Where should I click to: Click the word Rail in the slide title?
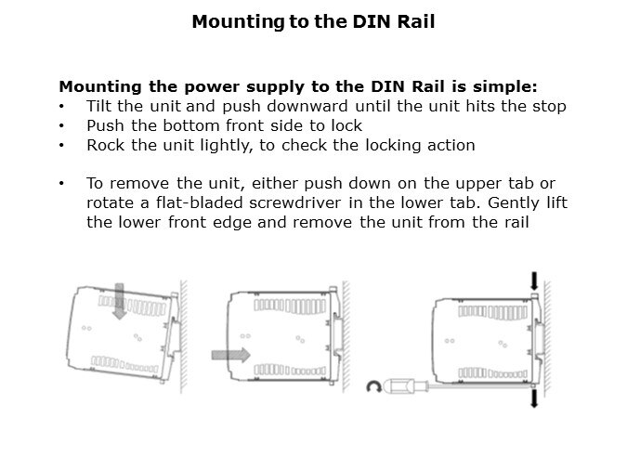[415, 20]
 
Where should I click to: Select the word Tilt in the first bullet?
[99, 106]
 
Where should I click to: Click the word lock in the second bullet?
[347, 125]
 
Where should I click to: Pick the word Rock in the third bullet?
[103, 145]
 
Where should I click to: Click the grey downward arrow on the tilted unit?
[119, 301]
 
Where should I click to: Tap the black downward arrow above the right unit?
[533, 281]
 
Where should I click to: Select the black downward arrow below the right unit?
[533, 398]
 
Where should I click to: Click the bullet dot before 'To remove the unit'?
[61, 184]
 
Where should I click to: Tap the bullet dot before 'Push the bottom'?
[61, 125]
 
